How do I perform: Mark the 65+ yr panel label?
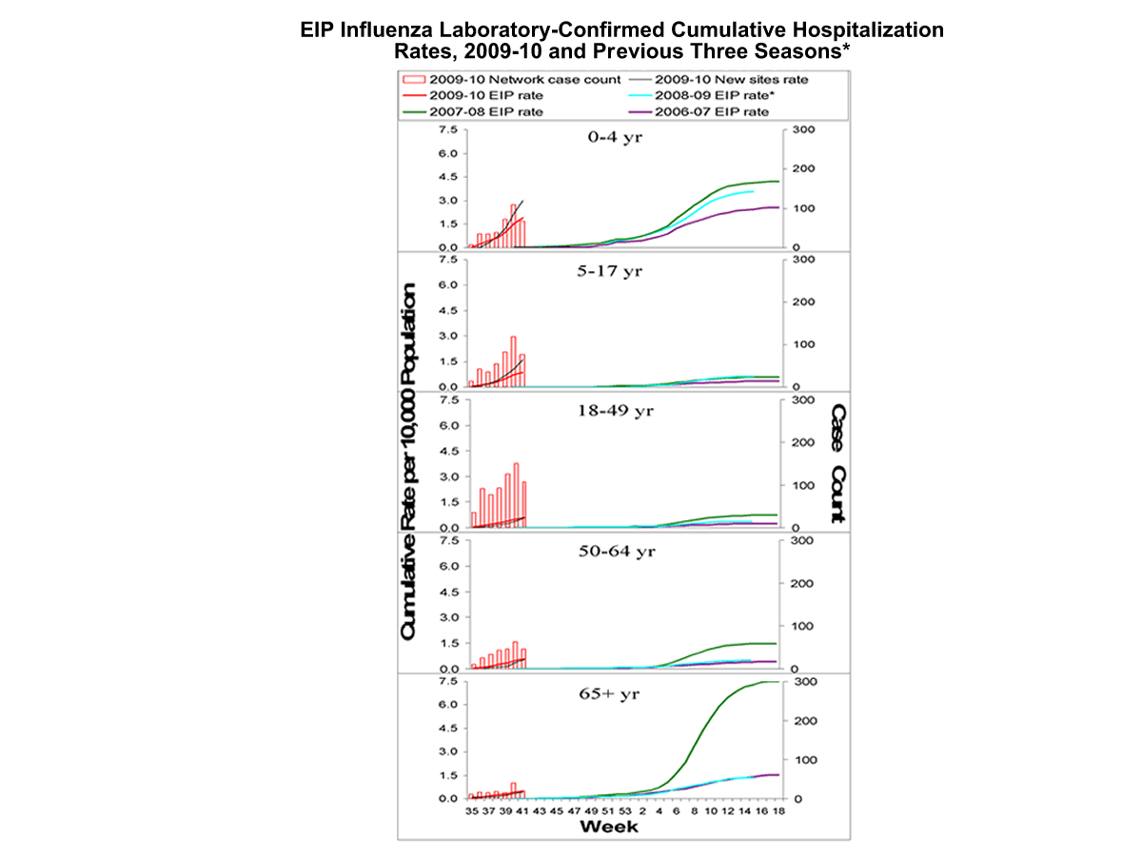611,693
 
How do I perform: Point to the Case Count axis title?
838,464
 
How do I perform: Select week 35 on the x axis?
471,811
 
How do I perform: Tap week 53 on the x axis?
625,811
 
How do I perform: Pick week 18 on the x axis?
778,811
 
